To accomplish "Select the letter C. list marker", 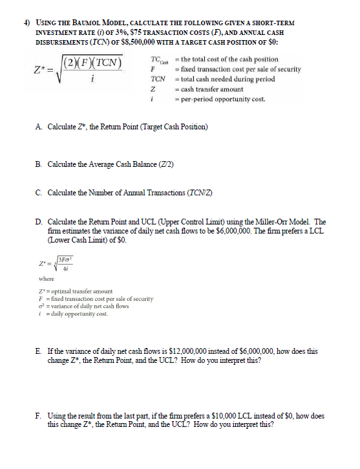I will tap(40, 191).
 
